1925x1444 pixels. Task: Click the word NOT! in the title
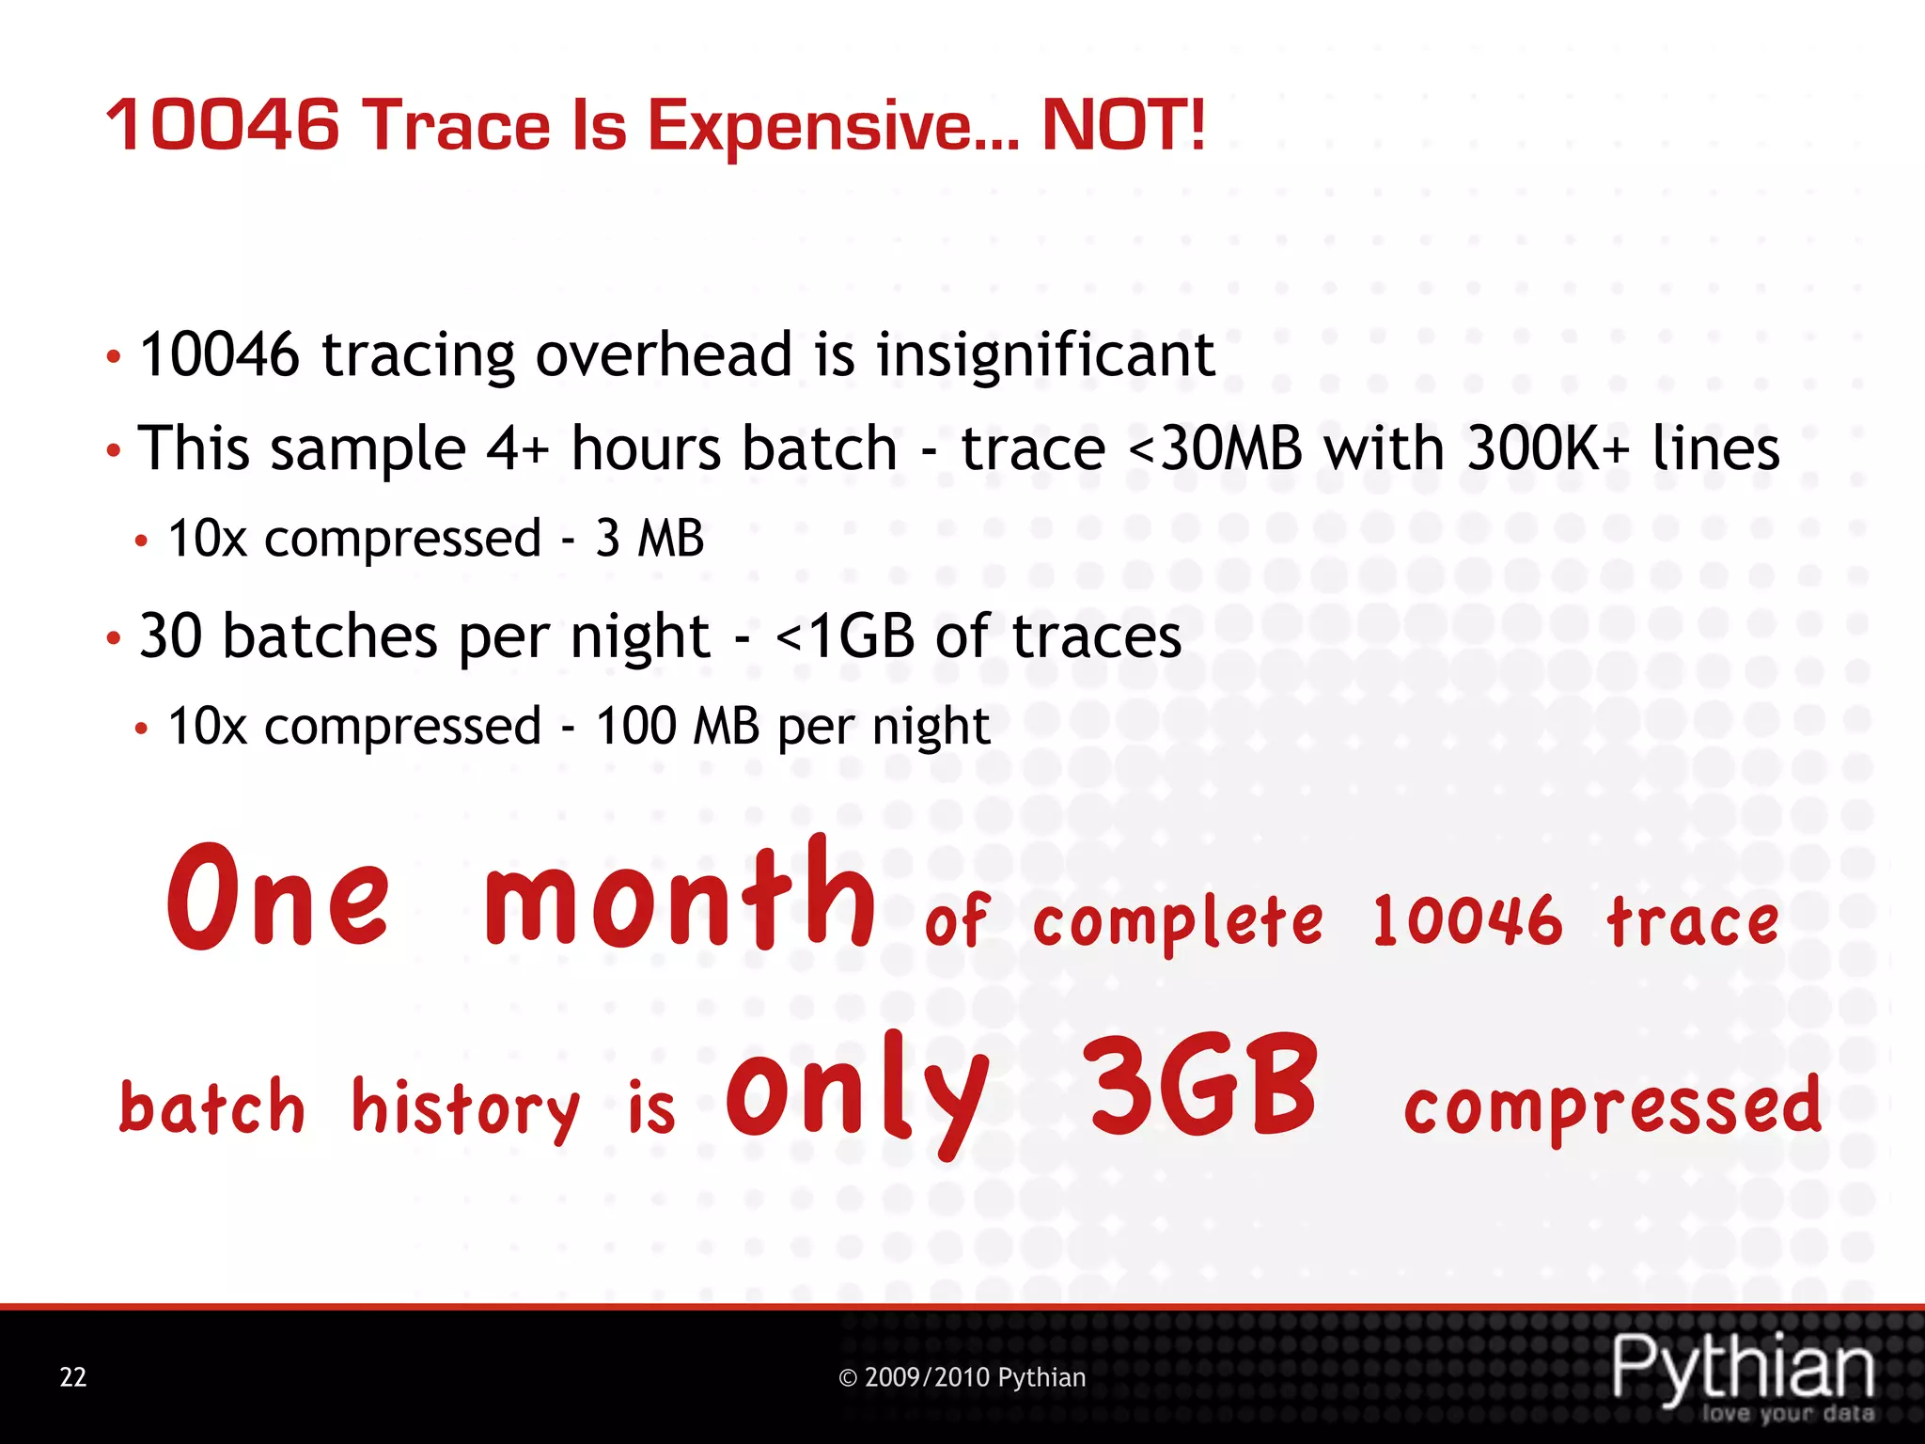tap(1123, 125)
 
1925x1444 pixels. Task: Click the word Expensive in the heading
tap(832, 127)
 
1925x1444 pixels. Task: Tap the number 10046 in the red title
tap(223, 125)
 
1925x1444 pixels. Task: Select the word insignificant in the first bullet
tap(1045, 355)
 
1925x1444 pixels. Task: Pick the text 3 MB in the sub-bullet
tap(649, 539)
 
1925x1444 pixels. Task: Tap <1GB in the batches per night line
tap(844, 636)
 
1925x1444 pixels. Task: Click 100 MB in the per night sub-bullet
tap(677, 727)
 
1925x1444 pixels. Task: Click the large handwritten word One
tap(278, 898)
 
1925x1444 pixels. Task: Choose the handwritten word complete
tap(1178, 923)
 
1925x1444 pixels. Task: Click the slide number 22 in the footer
tap(73, 1377)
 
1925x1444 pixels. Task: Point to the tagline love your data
tap(1788, 1414)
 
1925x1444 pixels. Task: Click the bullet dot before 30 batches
tap(113, 639)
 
